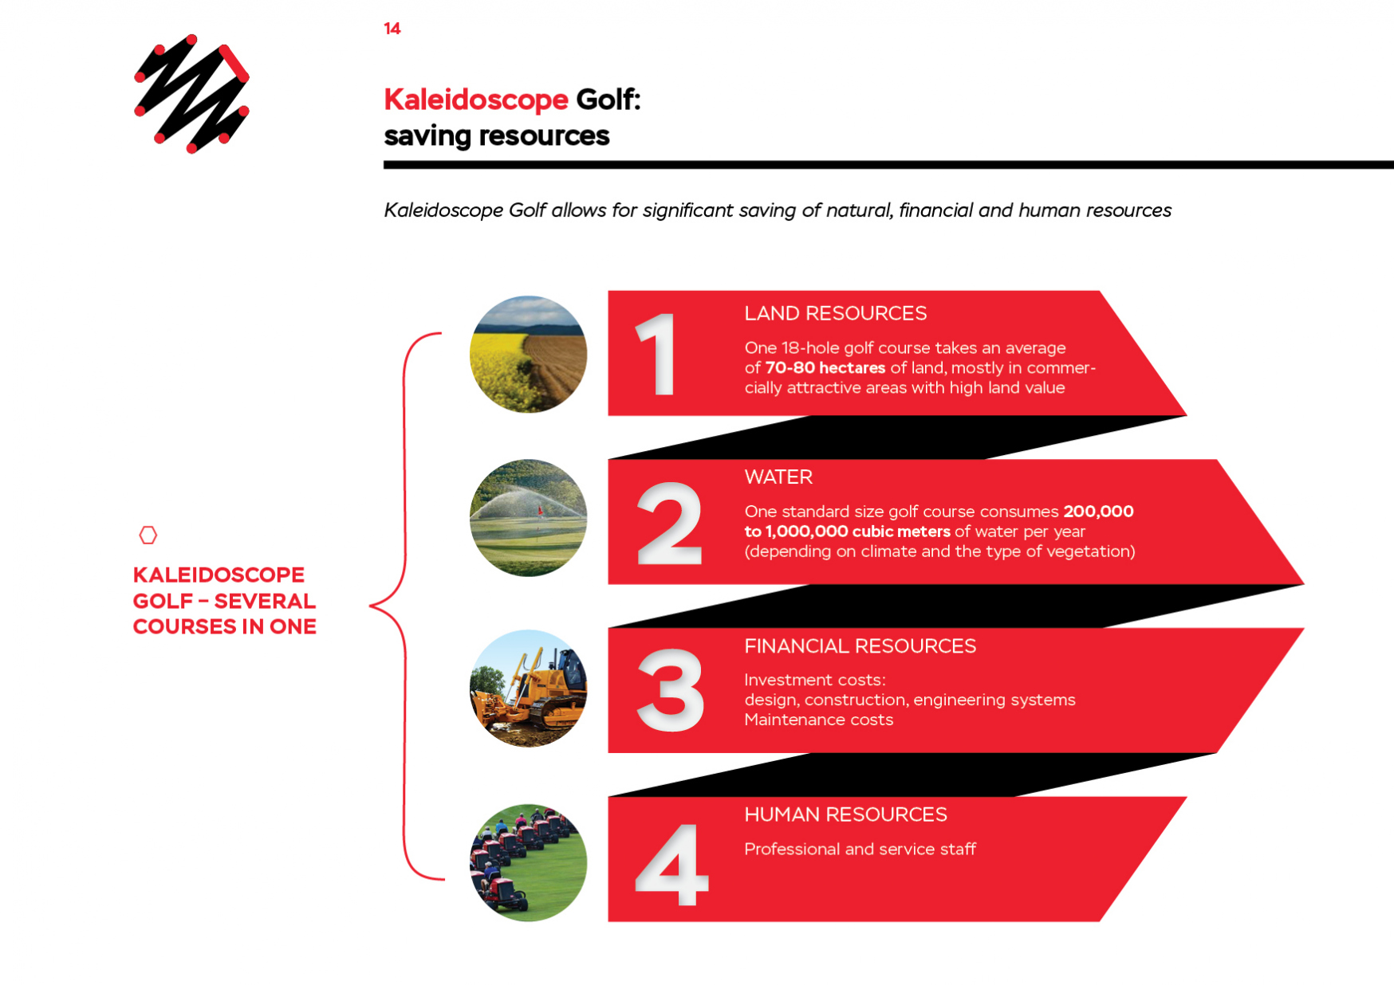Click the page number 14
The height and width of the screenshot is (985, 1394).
(x=392, y=29)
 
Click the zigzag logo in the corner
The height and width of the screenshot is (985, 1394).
(x=191, y=93)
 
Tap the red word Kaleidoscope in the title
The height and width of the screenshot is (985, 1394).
(x=476, y=100)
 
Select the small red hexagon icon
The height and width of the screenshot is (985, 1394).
(x=148, y=535)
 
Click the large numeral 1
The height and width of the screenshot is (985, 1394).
(x=656, y=354)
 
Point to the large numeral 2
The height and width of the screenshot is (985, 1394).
(x=669, y=524)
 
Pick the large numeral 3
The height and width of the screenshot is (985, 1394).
(x=670, y=689)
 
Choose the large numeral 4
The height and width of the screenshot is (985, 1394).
(x=671, y=865)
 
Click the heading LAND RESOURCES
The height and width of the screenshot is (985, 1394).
(x=835, y=313)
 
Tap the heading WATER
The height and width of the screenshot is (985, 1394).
(x=778, y=477)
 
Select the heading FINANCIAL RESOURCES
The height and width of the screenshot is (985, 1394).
(x=860, y=646)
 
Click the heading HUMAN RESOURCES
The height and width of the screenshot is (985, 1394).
(x=845, y=814)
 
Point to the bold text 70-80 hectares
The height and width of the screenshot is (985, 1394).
(x=825, y=368)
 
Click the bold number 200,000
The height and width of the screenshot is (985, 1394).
(x=1098, y=512)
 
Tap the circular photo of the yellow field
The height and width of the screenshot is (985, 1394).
(x=528, y=354)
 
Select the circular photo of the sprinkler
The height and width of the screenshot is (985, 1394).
(x=528, y=518)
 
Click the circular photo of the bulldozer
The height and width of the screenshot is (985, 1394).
(x=528, y=689)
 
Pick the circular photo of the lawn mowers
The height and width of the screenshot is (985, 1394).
(x=528, y=862)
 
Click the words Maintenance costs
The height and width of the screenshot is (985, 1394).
(x=818, y=720)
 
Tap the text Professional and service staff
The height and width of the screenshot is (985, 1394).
(x=860, y=850)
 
